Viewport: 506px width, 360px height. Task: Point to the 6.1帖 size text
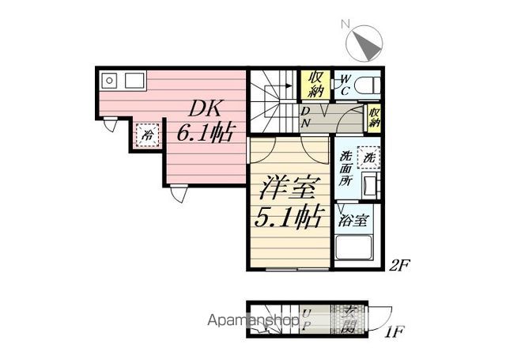pos(206,132)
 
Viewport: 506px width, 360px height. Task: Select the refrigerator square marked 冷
pos(147,135)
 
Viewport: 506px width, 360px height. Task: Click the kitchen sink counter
pos(123,81)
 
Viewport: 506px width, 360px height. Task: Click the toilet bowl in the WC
pos(368,85)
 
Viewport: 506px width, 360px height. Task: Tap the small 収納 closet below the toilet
pos(374,118)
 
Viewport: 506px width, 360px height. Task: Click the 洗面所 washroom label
pos(346,168)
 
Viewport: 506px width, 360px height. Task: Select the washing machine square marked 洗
pos(368,157)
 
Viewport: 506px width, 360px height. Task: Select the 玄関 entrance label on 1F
pos(348,320)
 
